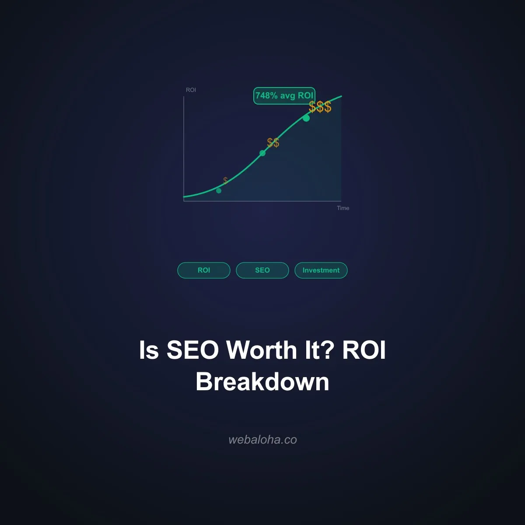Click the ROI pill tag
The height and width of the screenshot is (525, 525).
[204, 270]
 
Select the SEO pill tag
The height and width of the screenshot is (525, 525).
[262, 270]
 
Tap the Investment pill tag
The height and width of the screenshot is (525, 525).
[321, 270]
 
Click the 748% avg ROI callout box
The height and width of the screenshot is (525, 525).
[284, 96]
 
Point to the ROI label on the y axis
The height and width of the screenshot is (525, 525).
[191, 90]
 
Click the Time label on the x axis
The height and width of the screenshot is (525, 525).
[343, 208]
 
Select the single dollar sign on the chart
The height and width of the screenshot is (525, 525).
[225, 180]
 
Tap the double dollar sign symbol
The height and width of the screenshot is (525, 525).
[273, 143]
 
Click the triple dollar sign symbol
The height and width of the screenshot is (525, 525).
[320, 107]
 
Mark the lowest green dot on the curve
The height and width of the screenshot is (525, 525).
[219, 190]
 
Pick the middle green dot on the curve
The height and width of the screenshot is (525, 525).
[262, 153]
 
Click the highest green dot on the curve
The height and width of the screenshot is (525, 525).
[306, 118]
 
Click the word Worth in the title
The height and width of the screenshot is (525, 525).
[261, 350]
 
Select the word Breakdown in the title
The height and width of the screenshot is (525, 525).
[262, 381]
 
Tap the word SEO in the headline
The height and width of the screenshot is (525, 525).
[192, 350]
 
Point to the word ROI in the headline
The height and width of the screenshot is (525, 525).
[364, 350]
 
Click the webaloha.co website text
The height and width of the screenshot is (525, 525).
[262, 440]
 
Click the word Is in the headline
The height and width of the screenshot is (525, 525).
[149, 350]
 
